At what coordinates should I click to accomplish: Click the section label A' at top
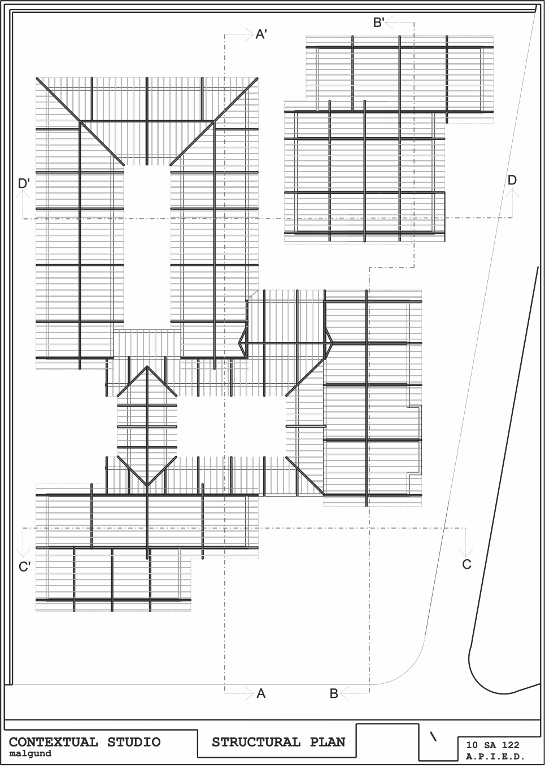click(x=261, y=34)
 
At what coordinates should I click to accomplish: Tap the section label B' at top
click(x=379, y=22)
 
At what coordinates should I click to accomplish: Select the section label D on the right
click(x=512, y=180)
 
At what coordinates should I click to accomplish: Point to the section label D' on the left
click(x=24, y=183)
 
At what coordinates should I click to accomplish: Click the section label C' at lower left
click(x=24, y=566)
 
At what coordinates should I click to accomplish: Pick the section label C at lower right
click(x=466, y=564)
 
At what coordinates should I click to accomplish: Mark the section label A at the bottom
click(x=261, y=693)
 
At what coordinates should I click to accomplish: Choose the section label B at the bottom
click(x=334, y=693)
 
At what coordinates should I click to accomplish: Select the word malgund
click(x=30, y=753)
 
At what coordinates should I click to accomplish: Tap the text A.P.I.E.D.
click(x=495, y=757)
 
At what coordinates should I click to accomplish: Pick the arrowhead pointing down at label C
click(x=466, y=552)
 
